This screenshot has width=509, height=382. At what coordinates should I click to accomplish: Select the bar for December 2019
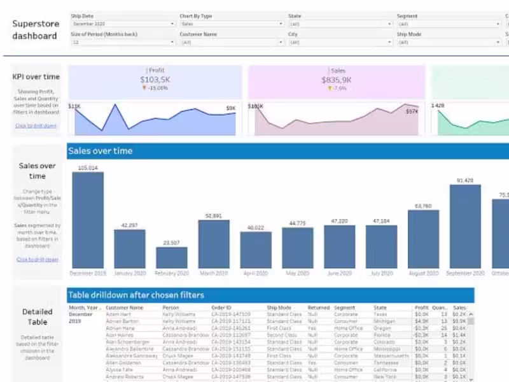coord(88,220)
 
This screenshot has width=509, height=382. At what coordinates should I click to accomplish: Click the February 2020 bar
coord(172,257)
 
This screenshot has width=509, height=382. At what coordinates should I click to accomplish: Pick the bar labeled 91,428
coord(466,226)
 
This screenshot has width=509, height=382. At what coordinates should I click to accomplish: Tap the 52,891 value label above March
coord(214,216)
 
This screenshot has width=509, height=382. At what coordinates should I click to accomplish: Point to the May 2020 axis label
coord(298,274)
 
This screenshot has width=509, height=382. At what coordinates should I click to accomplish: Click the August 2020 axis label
coord(423,274)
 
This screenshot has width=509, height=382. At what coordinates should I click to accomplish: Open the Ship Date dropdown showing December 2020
coord(123,24)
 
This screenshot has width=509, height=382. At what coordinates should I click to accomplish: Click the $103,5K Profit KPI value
coord(155,80)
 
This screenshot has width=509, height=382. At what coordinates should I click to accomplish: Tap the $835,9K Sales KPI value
coord(337,80)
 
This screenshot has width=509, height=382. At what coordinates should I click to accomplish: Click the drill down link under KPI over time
coord(36,125)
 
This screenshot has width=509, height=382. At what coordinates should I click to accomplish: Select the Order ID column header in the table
coord(221,308)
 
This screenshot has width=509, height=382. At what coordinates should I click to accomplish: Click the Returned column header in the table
coord(319,308)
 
